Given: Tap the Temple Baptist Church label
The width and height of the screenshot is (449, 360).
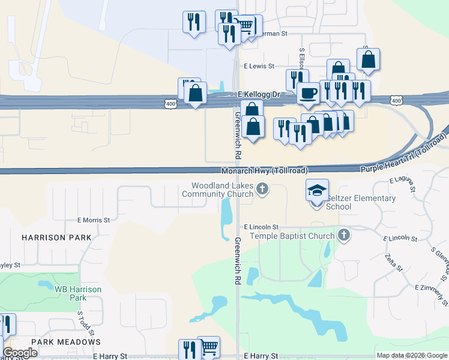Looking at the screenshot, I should tap(292, 236).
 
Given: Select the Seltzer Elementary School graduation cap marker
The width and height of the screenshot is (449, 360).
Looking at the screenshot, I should tap(318, 191).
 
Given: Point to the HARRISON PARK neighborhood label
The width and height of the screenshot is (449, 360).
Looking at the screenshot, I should tap(56, 238).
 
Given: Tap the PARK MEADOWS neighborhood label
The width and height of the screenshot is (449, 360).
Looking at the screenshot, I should tap(66, 342).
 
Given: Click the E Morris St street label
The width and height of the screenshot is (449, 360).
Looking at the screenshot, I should tap(93, 220).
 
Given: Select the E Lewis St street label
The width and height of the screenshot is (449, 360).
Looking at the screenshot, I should tap(259, 67).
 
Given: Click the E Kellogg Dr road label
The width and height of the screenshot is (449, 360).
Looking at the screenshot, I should tap(259, 95).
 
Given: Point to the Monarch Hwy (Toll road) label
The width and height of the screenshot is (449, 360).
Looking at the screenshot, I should tap(264, 170).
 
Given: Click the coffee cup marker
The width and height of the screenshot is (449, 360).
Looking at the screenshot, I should tap(309, 93).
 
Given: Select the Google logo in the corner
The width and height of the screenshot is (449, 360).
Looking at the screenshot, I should tap(20, 353).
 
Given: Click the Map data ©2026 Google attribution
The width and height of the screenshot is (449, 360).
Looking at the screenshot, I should tap(412, 355).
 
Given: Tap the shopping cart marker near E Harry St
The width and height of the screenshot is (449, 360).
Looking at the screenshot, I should tap(208, 346).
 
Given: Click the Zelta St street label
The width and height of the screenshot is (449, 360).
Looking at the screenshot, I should tap(394, 261).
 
